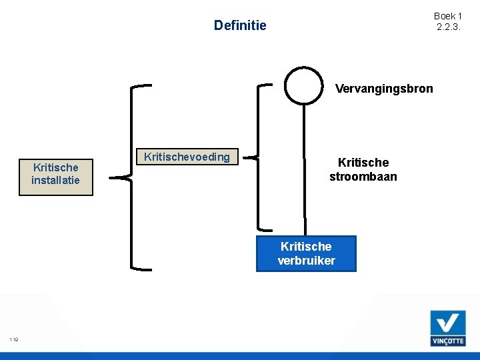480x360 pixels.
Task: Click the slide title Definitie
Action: (x=239, y=25)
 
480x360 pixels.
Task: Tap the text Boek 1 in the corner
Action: (x=448, y=16)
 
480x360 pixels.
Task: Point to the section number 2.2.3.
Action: (x=448, y=27)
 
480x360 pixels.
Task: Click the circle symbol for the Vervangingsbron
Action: (x=304, y=85)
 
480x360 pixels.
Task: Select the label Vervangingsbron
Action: (x=384, y=89)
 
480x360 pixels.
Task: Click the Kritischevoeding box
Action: (x=187, y=157)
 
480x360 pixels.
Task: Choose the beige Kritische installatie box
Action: (x=55, y=174)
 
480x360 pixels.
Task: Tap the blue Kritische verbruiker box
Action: (x=306, y=253)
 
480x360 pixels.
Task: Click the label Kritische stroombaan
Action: (x=363, y=169)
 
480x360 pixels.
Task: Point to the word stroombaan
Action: (x=363, y=177)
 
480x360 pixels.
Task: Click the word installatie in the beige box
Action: (x=55, y=181)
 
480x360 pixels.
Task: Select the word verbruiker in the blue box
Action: (x=306, y=261)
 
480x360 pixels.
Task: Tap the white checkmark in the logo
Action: (x=447, y=323)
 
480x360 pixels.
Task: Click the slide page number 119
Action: (x=14, y=340)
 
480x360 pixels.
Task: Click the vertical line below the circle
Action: (x=304, y=167)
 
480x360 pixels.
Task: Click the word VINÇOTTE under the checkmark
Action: (x=447, y=340)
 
